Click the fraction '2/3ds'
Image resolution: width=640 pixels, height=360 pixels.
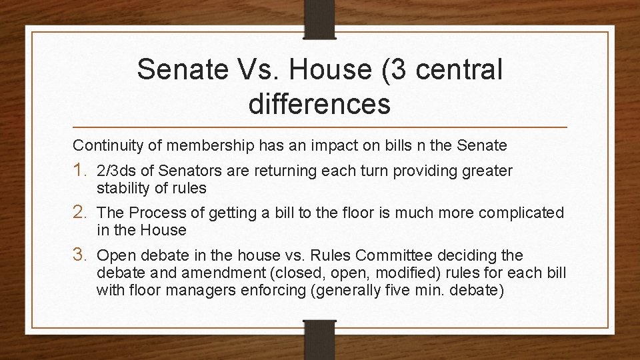115,171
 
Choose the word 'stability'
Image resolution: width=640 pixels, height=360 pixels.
121,188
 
